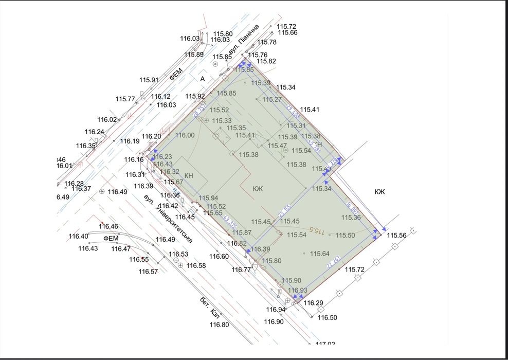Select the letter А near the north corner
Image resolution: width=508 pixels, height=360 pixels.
click(x=203, y=79)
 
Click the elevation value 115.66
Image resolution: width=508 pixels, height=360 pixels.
click(x=287, y=33)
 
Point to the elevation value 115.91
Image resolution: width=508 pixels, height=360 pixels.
click(x=149, y=80)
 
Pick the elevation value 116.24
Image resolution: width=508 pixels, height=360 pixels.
click(x=95, y=132)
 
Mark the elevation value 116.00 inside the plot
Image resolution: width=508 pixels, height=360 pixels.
click(x=185, y=135)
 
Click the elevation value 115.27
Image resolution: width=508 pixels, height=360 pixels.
click(x=272, y=99)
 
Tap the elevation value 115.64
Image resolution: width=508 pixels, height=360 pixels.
click(x=319, y=254)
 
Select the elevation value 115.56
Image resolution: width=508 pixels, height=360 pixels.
click(x=397, y=236)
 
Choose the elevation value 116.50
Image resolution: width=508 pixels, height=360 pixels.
click(x=327, y=318)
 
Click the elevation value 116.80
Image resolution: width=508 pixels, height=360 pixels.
click(x=219, y=325)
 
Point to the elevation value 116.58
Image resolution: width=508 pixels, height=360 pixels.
click(x=196, y=265)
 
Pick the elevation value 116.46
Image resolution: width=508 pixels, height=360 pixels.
click(x=108, y=226)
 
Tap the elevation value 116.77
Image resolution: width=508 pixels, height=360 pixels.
click(x=241, y=269)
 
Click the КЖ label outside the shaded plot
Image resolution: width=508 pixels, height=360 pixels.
click(x=379, y=192)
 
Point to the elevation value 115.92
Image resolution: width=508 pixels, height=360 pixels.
click(x=195, y=96)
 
